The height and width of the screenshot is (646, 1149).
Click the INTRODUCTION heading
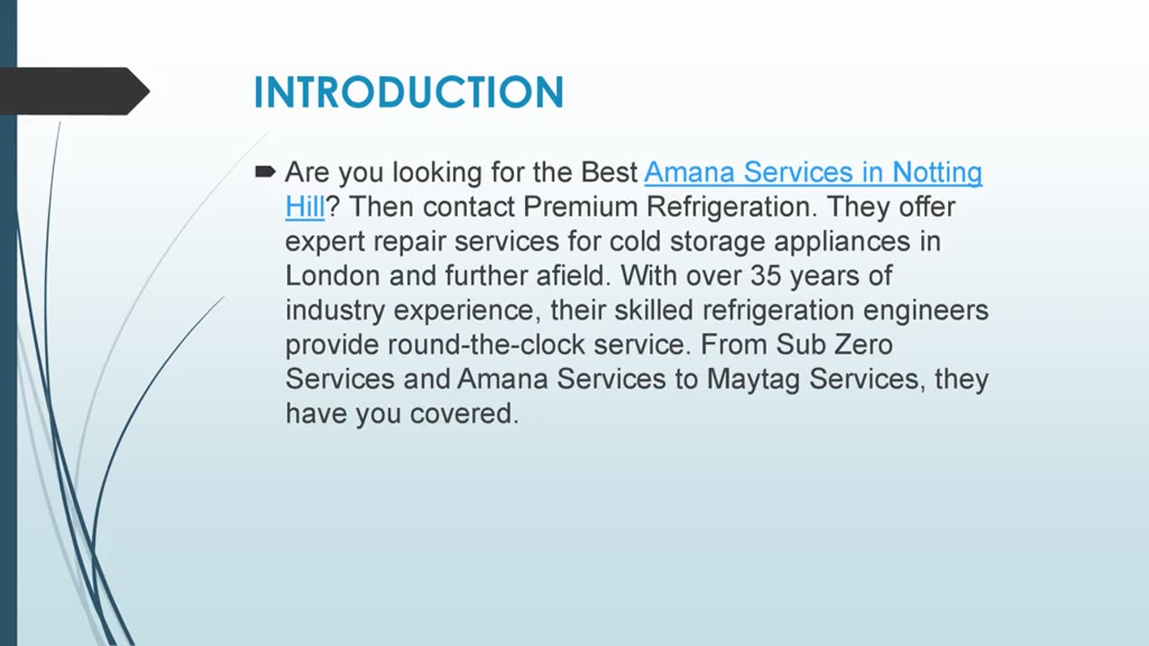coord(408,92)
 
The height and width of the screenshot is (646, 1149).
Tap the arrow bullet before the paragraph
coord(265,171)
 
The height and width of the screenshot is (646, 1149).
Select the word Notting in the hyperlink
coord(937,171)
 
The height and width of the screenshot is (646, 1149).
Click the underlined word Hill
coord(304,206)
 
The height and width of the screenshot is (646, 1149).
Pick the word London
coord(333,275)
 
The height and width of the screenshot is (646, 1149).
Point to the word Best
coord(609,171)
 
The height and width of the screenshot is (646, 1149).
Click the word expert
coord(325,241)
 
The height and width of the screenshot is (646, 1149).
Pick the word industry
coord(336,310)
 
